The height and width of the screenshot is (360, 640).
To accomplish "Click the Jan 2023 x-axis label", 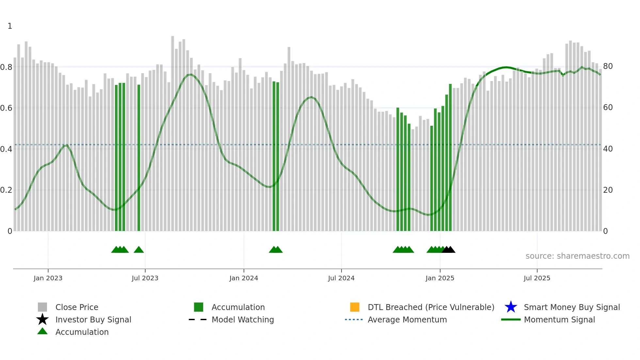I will (x=48, y=278).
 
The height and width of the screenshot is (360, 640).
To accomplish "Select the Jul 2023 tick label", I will (x=145, y=278).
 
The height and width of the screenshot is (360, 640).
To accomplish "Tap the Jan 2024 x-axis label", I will (x=244, y=278).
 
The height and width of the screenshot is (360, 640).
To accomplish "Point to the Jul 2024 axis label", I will (x=341, y=278).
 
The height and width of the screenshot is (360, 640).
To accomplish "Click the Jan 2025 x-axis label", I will (x=440, y=278).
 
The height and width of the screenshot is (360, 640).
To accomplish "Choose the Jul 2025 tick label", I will (x=537, y=278).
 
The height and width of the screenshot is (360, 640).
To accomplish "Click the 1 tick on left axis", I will (x=10, y=26).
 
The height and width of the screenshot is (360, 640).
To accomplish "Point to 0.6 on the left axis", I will (x=6, y=108).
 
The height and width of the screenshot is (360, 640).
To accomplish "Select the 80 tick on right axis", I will (x=608, y=66).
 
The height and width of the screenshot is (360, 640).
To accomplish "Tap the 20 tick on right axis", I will (x=608, y=190).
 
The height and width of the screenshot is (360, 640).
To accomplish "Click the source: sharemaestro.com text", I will (x=577, y=256).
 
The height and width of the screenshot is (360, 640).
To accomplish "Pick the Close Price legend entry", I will (x=77, y=307).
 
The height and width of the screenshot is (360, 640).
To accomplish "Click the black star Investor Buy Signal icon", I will (x=42, y=319).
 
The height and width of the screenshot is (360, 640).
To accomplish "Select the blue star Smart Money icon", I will (x=511, y=307).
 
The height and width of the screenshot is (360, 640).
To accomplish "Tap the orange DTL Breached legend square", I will (x=355, y=307).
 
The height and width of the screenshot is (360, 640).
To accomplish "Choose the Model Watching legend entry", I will (x=243, y=319).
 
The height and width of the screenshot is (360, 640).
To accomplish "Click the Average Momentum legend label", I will (x=407, y=319).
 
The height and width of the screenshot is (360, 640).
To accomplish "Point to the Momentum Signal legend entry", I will (x=559, y=319).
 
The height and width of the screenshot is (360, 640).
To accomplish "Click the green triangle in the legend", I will (x=42, y=331).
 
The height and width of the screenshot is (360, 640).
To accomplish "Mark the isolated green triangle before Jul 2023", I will (x=139, y=250).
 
